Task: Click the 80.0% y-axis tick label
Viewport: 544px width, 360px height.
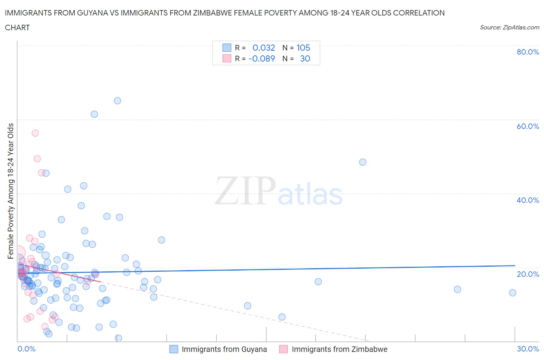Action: click(528, 52)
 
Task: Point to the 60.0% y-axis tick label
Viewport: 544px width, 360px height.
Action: click(528, 126)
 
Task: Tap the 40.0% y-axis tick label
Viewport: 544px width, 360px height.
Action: click(528, 200)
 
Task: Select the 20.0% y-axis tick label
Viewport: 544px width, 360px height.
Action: click(528, 274)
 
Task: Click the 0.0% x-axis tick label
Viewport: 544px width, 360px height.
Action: click(26, 349)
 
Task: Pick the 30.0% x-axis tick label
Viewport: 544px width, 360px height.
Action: click(528, 349)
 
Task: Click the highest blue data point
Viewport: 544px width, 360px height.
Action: click(118, 101)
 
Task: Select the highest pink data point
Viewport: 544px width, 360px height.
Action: click(35, 133)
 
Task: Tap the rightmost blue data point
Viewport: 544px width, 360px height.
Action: click(513, 293)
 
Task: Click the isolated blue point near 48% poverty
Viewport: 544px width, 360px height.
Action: click(363, 162)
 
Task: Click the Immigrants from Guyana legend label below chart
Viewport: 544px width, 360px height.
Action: click(224, 349)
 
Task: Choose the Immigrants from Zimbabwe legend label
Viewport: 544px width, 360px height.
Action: click(339, 349)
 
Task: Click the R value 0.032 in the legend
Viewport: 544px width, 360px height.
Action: click(263, 48)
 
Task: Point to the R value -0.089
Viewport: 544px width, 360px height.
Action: click(262, 58)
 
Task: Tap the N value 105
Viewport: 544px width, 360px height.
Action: click(303, 48)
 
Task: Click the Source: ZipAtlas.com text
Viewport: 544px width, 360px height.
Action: click(509, 27)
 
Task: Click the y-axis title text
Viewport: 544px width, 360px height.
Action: click(10, 191)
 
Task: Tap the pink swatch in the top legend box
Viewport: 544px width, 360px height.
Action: click(227, 58)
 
